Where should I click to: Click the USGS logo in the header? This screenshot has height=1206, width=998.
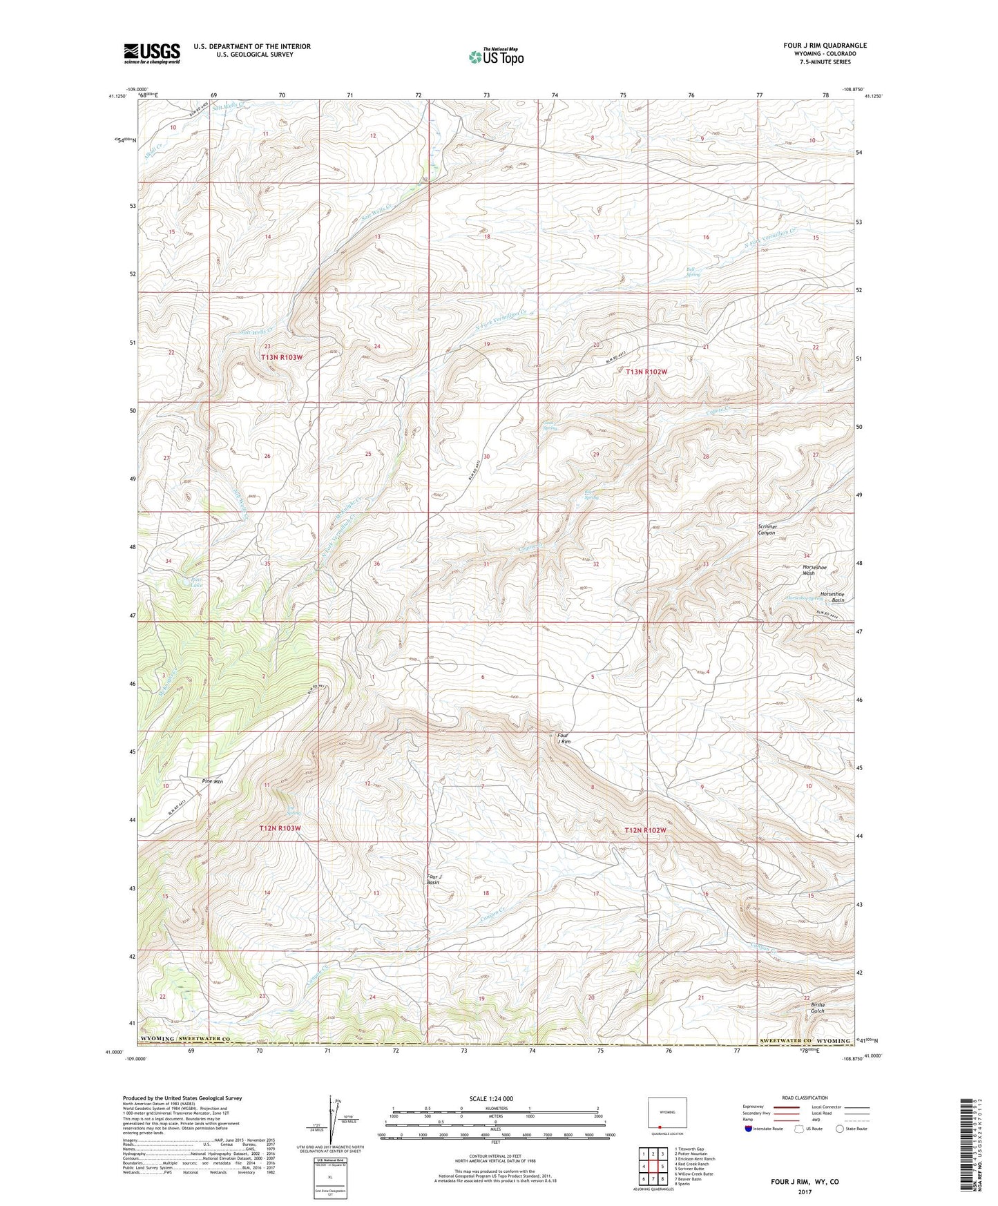coord(151,53)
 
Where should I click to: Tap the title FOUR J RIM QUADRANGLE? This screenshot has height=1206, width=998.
coord(825,46)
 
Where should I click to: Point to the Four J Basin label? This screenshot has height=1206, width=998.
coord(433,879)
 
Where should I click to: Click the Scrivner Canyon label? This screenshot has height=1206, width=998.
coord(767,530)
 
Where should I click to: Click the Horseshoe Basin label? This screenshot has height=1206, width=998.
coord(832,597)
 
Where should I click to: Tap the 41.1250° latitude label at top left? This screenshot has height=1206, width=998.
coord(117,97)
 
